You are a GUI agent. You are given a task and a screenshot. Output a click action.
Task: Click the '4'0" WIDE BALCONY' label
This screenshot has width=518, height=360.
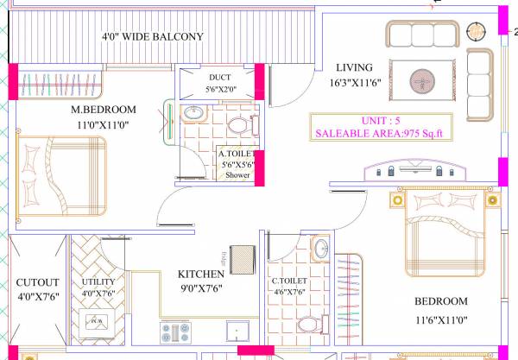pos(152,37)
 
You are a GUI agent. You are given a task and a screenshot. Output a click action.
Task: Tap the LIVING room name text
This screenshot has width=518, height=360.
pos(355,67)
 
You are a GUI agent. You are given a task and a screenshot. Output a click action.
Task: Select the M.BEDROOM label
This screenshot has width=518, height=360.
pos(104,110)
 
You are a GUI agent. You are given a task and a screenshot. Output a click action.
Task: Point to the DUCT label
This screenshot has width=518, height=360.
pos(195,77)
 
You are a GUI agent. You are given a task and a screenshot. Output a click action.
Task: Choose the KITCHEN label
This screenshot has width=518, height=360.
pos(201,275)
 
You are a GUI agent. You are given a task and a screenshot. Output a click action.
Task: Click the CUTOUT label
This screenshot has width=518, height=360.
pos(37,282)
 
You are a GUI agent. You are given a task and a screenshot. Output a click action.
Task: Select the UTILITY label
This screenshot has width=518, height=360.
pos(97,281)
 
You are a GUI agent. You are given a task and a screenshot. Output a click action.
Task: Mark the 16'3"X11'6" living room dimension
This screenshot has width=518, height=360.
pos(355,83)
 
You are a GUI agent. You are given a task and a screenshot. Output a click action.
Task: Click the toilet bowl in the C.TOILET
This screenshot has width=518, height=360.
pos(306,325)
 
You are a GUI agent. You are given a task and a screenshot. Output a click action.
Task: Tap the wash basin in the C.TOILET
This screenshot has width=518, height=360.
pos(320,249)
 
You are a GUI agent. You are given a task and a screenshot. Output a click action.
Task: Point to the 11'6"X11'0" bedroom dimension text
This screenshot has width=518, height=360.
pos(440,319)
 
